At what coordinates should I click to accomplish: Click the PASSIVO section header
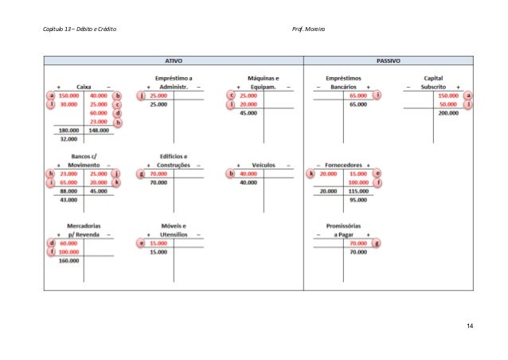[388, 60]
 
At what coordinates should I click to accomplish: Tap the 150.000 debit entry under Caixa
[68, 95]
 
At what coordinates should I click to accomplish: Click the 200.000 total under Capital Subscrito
[447, 113]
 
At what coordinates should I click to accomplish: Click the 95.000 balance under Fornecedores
[358, 200]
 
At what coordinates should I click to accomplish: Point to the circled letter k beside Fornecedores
[311, 173]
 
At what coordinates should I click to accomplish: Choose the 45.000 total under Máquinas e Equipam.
[248, 113]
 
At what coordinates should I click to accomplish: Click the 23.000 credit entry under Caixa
[98, 121]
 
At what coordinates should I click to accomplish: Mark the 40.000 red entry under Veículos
[248, 173]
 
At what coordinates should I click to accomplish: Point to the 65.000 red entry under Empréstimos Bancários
[358, 95]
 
